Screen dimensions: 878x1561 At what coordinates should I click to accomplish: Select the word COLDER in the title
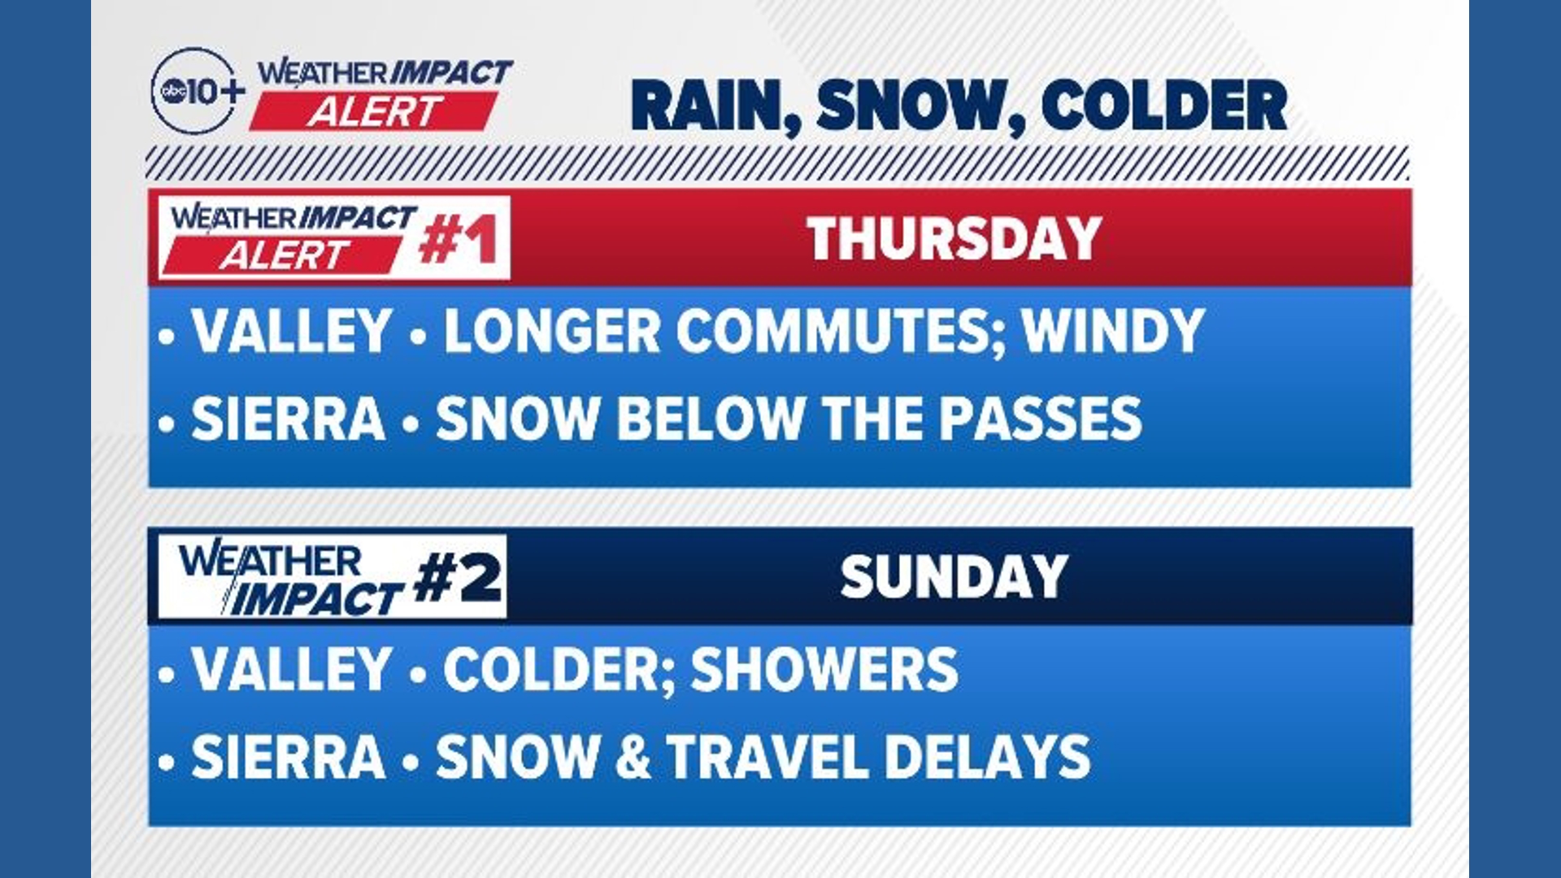click(1164, 106)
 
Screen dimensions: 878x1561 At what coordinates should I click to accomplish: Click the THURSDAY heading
click(954, 239)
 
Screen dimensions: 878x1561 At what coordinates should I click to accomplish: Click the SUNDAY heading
click(954, 577)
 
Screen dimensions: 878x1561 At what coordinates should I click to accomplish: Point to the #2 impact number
click(457, 579)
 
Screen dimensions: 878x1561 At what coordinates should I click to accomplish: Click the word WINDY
click(1112, 332)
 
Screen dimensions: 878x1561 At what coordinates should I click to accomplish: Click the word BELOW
click(710, 419)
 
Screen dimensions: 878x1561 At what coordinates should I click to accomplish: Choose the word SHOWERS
click(824, 670)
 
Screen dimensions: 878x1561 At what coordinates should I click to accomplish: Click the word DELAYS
click(986, 757)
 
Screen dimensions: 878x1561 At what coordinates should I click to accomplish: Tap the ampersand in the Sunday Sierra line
click(633, 757)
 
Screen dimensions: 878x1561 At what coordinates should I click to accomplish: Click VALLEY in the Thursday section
click(292, 332)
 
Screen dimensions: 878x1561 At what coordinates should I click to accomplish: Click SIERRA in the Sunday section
click(288, 757)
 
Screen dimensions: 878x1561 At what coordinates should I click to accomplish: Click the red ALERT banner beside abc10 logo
click(374, 111)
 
